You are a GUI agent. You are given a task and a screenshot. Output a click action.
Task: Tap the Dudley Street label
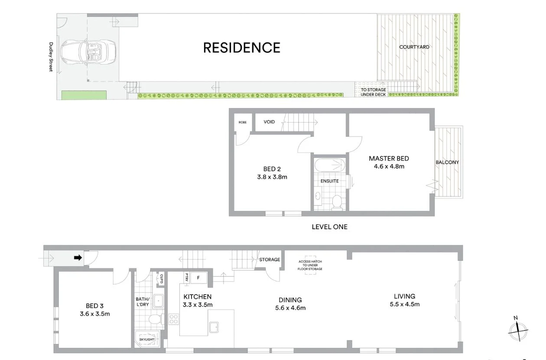[51, 56]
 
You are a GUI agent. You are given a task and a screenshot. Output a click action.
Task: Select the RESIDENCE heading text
[242, 48]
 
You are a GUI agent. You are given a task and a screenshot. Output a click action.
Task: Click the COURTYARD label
[414, 47]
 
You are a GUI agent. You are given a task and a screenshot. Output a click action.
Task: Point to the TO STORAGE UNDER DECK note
[373, 92]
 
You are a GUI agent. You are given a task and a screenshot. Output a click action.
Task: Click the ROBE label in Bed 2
[242, 122]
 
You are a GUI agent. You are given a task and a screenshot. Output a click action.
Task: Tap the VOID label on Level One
[269, 122]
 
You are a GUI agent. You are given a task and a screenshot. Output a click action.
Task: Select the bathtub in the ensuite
[329, 165]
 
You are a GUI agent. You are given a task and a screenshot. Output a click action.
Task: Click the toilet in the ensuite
[337, 201]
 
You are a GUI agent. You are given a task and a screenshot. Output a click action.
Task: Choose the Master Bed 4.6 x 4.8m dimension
[389, 166]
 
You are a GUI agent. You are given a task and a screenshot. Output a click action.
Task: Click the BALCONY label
[447, 162]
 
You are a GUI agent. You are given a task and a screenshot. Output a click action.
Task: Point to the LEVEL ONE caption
[329, 227]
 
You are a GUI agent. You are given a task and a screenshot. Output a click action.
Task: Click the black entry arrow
[78, 258]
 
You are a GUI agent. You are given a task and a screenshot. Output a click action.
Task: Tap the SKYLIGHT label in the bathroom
[146, 339]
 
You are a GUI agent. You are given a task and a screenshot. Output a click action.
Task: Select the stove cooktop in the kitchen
[174, 320]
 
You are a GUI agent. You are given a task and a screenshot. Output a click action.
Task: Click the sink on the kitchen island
[214, 327]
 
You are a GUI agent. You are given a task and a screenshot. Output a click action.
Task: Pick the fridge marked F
[198, 278]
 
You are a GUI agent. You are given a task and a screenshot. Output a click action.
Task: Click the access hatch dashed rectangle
[310, 265]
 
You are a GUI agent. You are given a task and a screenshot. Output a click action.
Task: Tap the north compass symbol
[518, 331]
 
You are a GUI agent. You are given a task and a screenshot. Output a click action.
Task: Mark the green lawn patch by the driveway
[84, 95]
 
